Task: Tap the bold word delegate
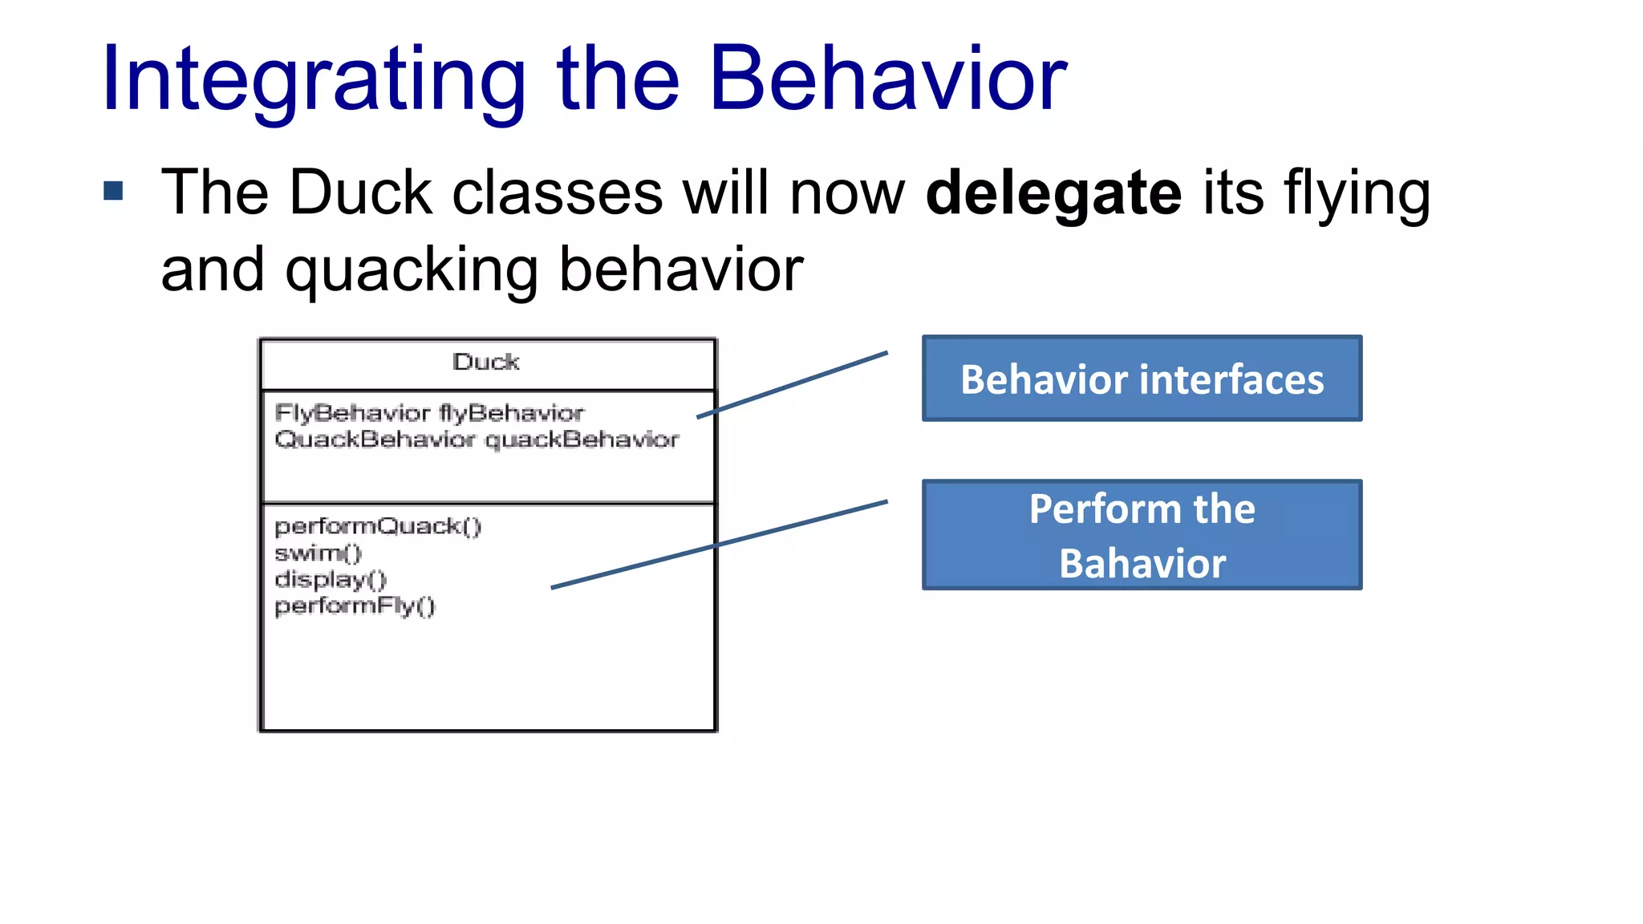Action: (1053, 192)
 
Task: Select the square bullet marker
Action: (113, 191)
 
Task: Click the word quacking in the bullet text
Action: (412, 271)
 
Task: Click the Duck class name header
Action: (486, 363)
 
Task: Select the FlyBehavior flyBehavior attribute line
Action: (429, 413)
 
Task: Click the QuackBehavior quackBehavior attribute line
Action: (477, 440)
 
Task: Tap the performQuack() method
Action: (378, 526)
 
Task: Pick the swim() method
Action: (318, 553)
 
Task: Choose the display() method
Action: (331, 579)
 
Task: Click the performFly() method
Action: (355, 606)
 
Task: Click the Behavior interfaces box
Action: (1142, 379)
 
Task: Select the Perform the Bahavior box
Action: (1142, 535)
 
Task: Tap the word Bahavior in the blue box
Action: (1142, 563)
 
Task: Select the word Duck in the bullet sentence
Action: (360, 192)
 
